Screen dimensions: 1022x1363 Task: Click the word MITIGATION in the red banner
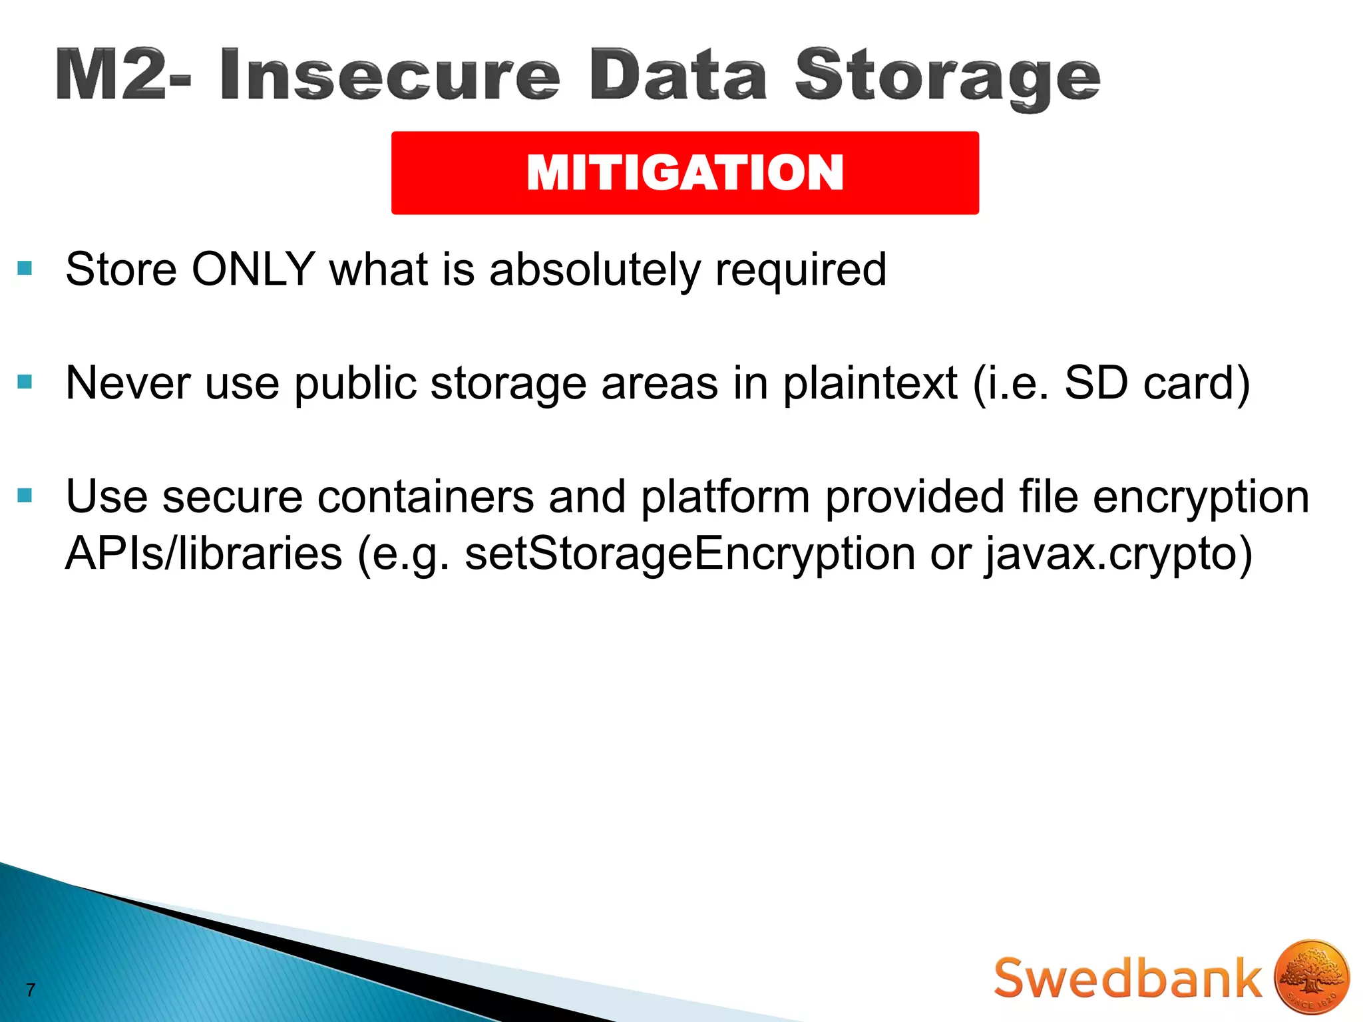pyautogui.click(x=685, y=173)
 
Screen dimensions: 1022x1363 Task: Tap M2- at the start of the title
pyautogui.click(x=124, y=75)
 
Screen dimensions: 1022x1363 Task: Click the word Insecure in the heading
pyautogui.click(x=389, y=75)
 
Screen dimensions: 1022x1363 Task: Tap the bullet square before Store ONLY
pyautogui.click(x=25, y=268)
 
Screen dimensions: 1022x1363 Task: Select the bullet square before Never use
pyautogui.click(x=25, y=381)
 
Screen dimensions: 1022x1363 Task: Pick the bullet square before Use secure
pyautogui.click(x=25, y=495)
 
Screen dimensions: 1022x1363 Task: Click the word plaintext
pyautogui.click(x=870, y=384)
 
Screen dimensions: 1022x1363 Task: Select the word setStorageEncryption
pyautogui.click(x=689, y=554)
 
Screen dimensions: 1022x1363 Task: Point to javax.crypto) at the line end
pyautogui.click(x=1119, y=554)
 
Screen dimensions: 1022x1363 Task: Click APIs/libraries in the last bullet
pyautogui.click(x=203, y=554)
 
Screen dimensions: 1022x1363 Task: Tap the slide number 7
pyautogui.click(x=30, y=990)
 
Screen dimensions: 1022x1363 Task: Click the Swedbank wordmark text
pyautogui.click(x=1127, y=978)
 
